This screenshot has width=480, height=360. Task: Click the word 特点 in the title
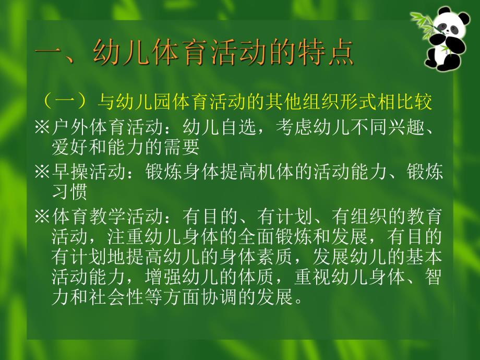pos(329,54)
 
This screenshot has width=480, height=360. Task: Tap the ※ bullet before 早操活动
pos(43,172)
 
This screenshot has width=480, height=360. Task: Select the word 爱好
pos(66,148)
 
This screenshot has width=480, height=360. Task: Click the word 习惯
pos(66,193)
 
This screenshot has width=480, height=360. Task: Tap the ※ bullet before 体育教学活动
pos(43,216)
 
